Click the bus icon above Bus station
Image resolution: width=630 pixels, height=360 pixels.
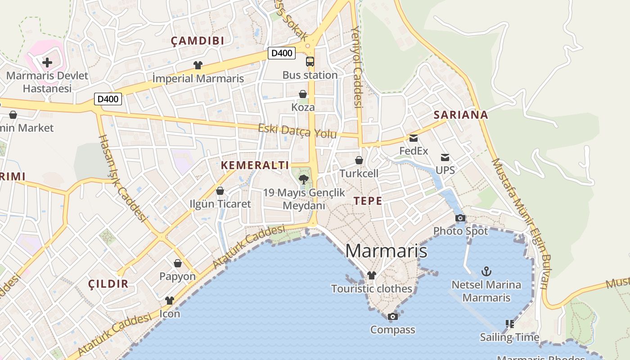310,62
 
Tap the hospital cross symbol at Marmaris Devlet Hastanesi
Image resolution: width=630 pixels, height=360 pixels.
47,63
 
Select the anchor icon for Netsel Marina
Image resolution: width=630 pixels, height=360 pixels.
486,271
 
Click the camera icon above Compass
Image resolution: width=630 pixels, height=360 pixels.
393,317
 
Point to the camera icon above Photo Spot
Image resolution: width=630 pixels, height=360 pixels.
460,218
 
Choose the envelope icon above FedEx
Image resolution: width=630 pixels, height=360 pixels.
414,138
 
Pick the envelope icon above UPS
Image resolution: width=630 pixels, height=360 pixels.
445,157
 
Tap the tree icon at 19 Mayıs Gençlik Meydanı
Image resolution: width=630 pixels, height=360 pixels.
304,180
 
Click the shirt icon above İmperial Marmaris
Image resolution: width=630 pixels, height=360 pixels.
198,65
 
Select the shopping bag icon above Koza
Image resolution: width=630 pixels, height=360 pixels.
303,94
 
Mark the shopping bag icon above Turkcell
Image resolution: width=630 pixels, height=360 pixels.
359,160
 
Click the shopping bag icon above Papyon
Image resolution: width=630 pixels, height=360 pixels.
178,263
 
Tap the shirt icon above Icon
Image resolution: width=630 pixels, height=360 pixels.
170,301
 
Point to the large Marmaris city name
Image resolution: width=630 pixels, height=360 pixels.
386,251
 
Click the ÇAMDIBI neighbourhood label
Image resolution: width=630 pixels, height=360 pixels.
198,41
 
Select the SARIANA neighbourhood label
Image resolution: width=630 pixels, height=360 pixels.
461,115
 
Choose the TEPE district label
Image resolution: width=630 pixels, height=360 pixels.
368,201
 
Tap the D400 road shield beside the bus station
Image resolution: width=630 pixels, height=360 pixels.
282,53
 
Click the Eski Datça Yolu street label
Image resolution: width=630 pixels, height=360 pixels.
297,131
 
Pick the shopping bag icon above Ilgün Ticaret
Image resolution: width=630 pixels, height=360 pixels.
220,191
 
